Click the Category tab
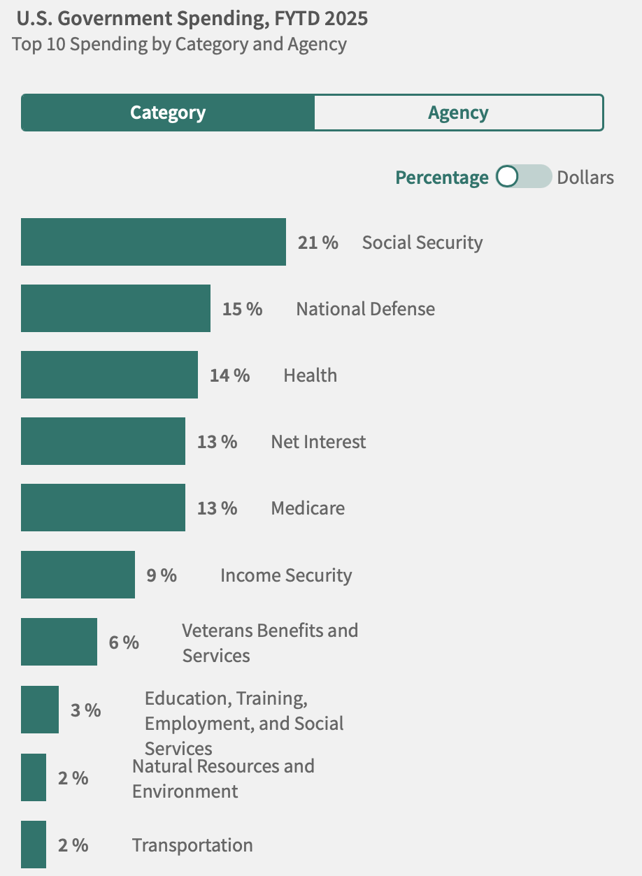pos(168,113)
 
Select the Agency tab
pos(458,113)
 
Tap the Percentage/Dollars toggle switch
pos(523,177)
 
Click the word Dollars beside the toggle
pos(585,178)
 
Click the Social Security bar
pos(153,242)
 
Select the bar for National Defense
pos(115,308)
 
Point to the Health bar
pos(109,375)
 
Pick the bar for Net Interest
pos(103,441)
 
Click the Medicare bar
pos(103,508)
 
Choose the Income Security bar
pos(78,575)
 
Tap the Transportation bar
pos(34,845)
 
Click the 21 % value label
pos(318,243)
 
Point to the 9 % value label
pos(162,575)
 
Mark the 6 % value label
pos(124,642)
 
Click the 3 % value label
pos(86,710)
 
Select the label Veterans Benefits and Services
pos(270,642)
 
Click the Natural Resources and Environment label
pos(223,778)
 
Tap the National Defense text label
pos(365,309)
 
